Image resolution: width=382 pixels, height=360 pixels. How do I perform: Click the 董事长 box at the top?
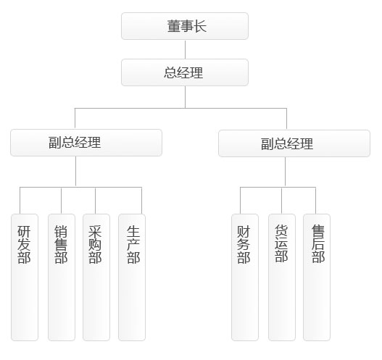tap(185, 26)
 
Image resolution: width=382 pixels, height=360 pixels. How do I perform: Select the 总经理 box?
tap(185, 72)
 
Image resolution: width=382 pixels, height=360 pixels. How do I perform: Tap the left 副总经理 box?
tap(86, 143)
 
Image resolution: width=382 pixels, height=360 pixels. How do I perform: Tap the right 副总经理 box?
tap(294, 143)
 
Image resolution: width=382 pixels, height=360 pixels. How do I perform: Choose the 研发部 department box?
tap(25, 277)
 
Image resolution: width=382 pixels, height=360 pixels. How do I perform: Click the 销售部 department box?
tap(62, 277)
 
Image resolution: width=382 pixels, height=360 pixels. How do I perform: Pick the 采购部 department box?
tap(96, 277)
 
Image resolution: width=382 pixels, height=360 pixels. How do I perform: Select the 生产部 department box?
tap(132, 277)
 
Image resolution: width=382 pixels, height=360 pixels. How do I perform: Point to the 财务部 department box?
tap(245, 277)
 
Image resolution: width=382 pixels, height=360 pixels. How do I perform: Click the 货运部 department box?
tap(282, 277)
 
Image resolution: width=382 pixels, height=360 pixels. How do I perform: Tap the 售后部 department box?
tap(317, 277)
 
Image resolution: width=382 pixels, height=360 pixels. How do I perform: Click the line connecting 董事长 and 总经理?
tap(185, 49)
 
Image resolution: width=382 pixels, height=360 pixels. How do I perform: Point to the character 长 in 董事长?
tap(200, 26)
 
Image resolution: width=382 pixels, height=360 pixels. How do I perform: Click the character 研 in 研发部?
tap(24, 232)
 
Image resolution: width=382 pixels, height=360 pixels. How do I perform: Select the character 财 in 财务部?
tap(244, 232)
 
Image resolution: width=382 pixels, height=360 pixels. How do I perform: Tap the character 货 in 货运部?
tap(281, 230)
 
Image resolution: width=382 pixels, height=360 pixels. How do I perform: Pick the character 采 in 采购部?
tap(95, 232)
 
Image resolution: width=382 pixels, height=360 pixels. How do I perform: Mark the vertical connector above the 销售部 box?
tap(61, 201)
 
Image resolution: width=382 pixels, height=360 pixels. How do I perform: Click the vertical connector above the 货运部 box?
tap(282, 201)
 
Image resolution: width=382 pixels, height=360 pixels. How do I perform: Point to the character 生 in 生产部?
tap(133, 232)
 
